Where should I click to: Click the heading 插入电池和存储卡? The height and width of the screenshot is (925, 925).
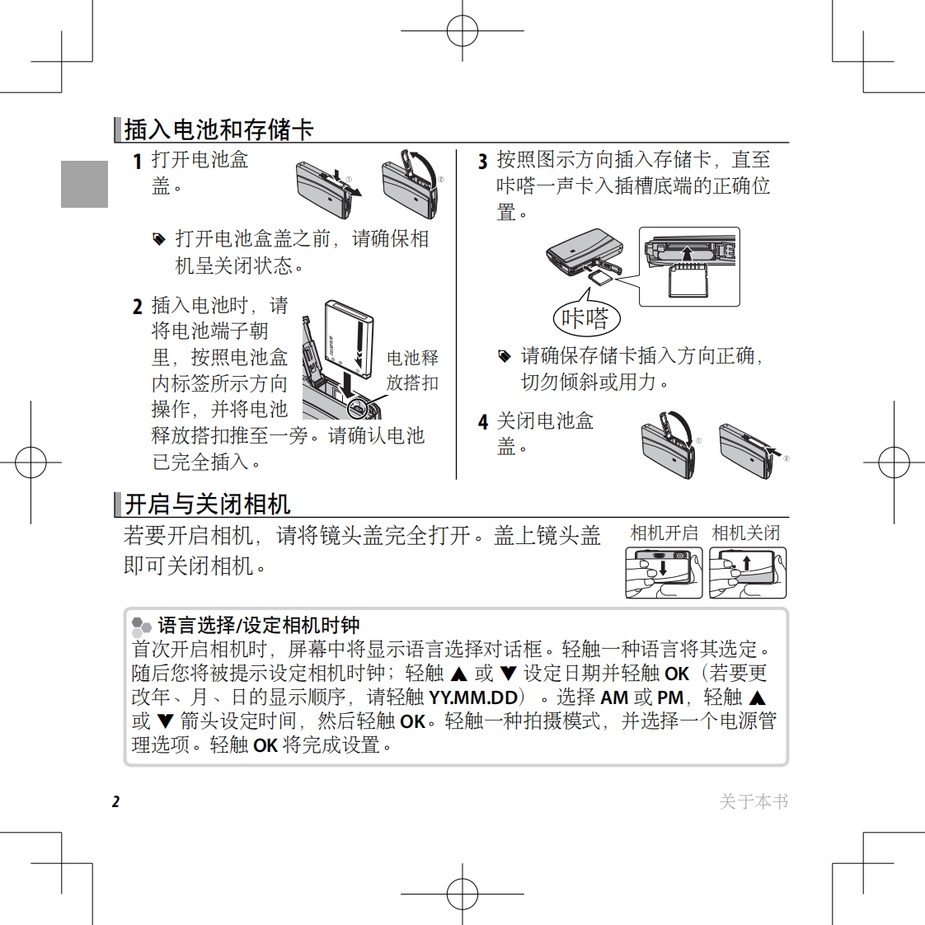coord(218,129)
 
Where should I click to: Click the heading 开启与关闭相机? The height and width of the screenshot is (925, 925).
coord(207,505)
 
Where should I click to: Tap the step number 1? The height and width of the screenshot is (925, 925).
coord(138,162)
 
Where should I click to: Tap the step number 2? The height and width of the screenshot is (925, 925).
coord(138,307)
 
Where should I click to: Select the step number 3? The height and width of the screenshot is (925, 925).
coord(482,162)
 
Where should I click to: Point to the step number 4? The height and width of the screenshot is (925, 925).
coord(482,422)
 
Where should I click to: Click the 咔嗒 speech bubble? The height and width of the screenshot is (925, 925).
coord(586,318)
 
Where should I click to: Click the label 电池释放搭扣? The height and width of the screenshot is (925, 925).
coord(412,370)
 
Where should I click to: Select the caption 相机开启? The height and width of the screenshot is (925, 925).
coord(664,533)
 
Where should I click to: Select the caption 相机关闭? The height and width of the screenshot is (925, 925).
coord(745,533)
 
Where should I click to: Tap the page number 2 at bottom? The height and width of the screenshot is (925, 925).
coord(116,801)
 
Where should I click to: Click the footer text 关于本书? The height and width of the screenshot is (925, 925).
coord(754,801)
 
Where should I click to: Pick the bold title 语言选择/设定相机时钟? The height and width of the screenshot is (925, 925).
coord(258,625)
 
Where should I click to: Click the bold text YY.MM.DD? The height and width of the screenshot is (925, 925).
coord(473,698)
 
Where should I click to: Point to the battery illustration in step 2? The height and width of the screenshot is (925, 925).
coord(350,340)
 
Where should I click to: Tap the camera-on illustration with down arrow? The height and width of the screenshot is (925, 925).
coord(664,572)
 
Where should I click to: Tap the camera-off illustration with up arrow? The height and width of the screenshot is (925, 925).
coord(748,572)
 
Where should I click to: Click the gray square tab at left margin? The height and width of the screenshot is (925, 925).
coord(84,184)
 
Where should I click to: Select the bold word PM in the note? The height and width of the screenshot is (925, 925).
coord(670,698)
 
